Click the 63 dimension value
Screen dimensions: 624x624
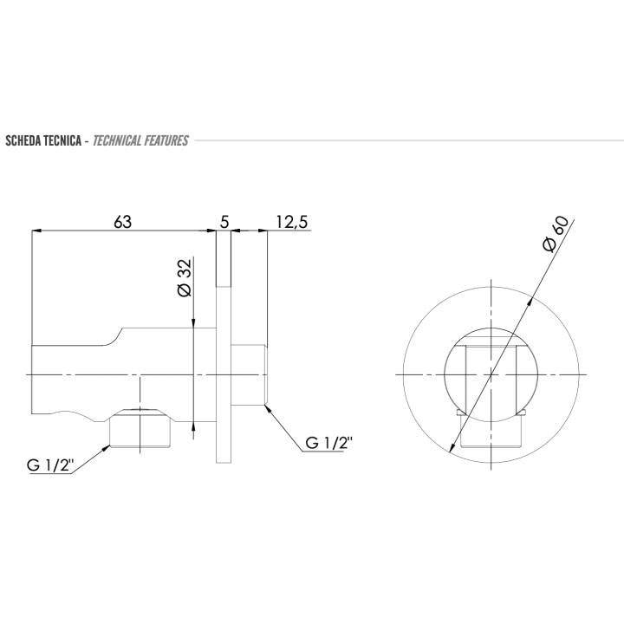click(122, 222)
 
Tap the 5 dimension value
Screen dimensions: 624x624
click(224, 222)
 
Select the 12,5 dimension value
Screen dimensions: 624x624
click(291, 222)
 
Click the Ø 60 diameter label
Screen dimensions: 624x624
click(555, 234)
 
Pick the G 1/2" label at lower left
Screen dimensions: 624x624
click(49, 466)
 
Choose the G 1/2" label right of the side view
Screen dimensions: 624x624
click(328, 443)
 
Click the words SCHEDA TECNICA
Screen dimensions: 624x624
click(43, 140)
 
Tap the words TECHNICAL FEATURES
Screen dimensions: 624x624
click(140, 140)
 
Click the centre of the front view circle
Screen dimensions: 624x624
click(490, 374)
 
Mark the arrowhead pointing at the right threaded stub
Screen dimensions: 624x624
click(270, 407)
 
